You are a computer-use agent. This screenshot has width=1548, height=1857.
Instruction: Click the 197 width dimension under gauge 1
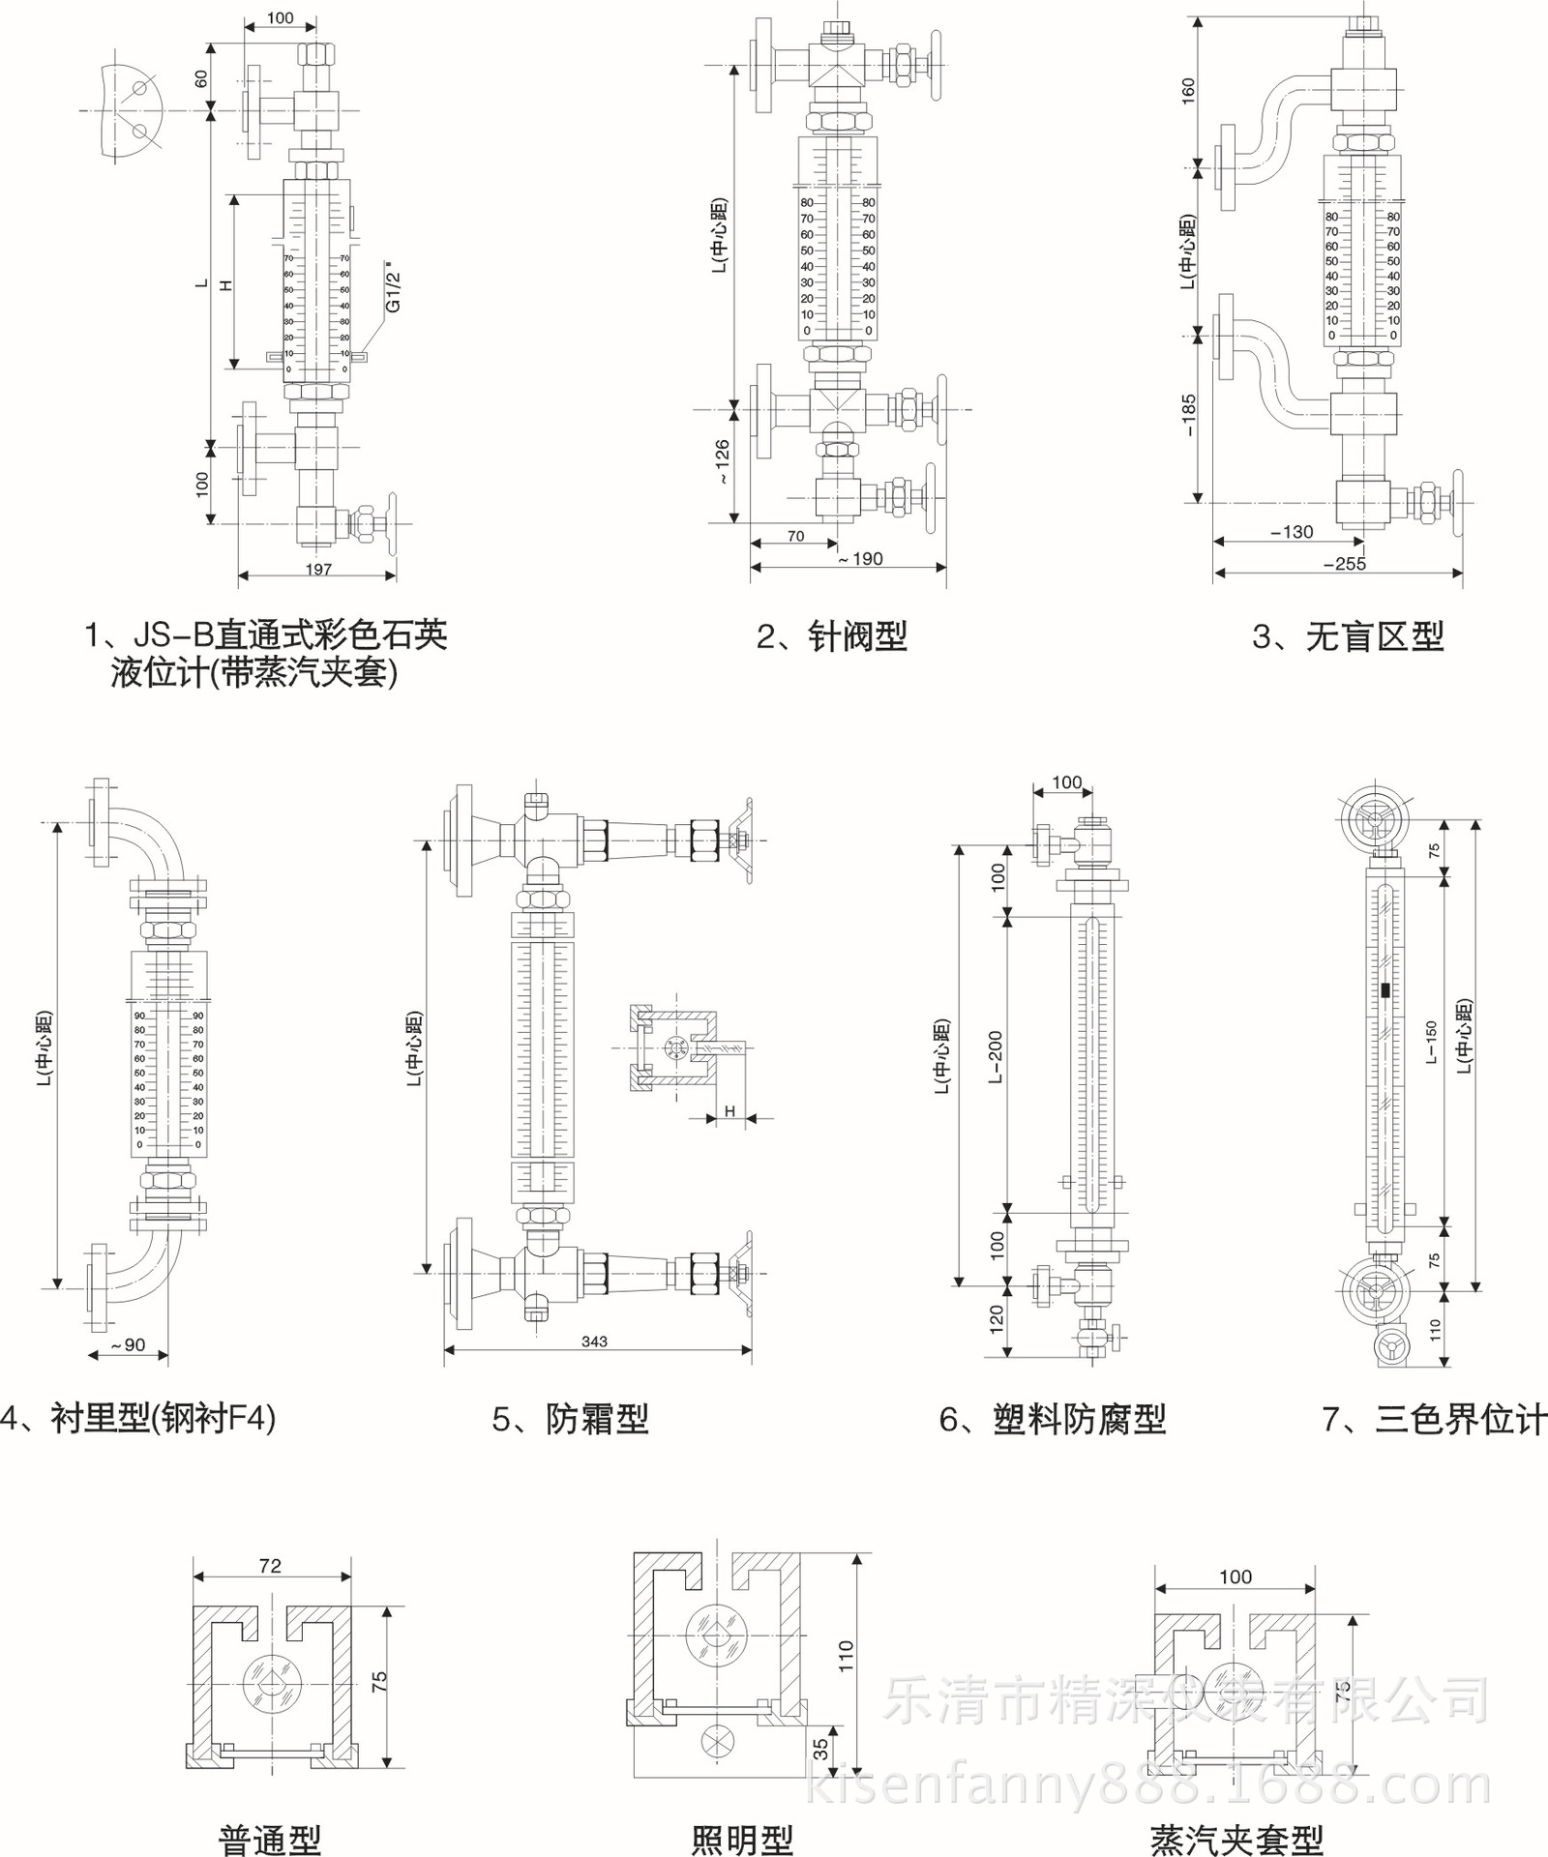coord(318,569)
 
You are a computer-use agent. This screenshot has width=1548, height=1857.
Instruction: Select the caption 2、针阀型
coord(832,636)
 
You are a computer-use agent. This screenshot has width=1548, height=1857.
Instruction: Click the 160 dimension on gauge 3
coord(1189,90)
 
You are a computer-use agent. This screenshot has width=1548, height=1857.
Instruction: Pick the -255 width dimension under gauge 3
coord(1345,564)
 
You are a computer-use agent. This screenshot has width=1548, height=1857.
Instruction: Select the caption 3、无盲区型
coord(1348,636)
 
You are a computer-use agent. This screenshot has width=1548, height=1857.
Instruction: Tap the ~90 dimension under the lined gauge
coord(128,1345)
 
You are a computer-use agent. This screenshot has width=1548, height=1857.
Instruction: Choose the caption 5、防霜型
coord(570,1419)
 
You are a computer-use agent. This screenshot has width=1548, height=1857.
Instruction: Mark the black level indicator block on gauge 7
coord(1385,990)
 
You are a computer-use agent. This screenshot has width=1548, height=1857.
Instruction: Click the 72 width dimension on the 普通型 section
coord(270,1566)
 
